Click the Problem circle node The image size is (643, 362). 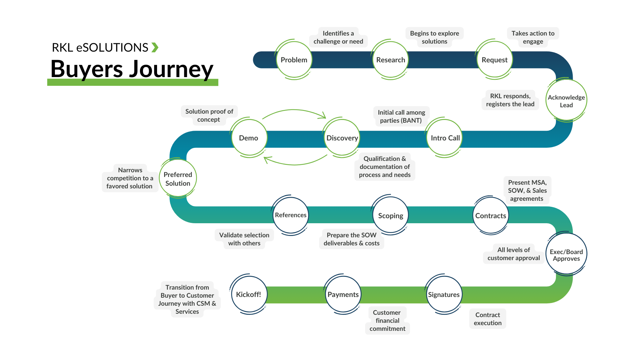click(294, 60)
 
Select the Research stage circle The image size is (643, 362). click(390, 60)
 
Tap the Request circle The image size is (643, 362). click(495, 60)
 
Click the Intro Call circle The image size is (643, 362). click(445, 138)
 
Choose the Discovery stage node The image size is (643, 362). click(342, 138)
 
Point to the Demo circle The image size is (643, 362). click(249, 138)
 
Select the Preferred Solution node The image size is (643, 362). click(178, 179)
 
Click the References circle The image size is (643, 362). click(291, 215)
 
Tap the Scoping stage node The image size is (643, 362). click(390, 216)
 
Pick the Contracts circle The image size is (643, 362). click(491, 216)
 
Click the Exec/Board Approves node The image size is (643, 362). click(566, 255)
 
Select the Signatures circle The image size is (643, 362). click(444, 295)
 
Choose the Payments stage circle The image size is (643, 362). click(343, 295)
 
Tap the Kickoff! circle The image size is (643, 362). click(248, 295)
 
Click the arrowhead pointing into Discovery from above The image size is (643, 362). click(323, 116)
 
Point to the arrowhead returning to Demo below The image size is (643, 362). click(266, 160)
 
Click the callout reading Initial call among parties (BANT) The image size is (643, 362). click(401, 117)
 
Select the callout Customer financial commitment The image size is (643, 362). click(387, 320)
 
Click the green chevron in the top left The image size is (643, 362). click(155, 47)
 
